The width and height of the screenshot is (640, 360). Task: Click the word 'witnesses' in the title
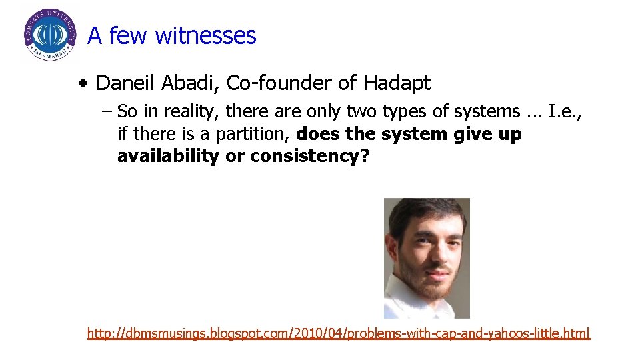coord(205,35)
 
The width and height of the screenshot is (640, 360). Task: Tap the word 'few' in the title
coord(129,35)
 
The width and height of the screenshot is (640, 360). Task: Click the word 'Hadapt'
coord(397,83)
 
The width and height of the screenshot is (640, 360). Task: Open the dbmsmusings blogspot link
coord(339,333)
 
